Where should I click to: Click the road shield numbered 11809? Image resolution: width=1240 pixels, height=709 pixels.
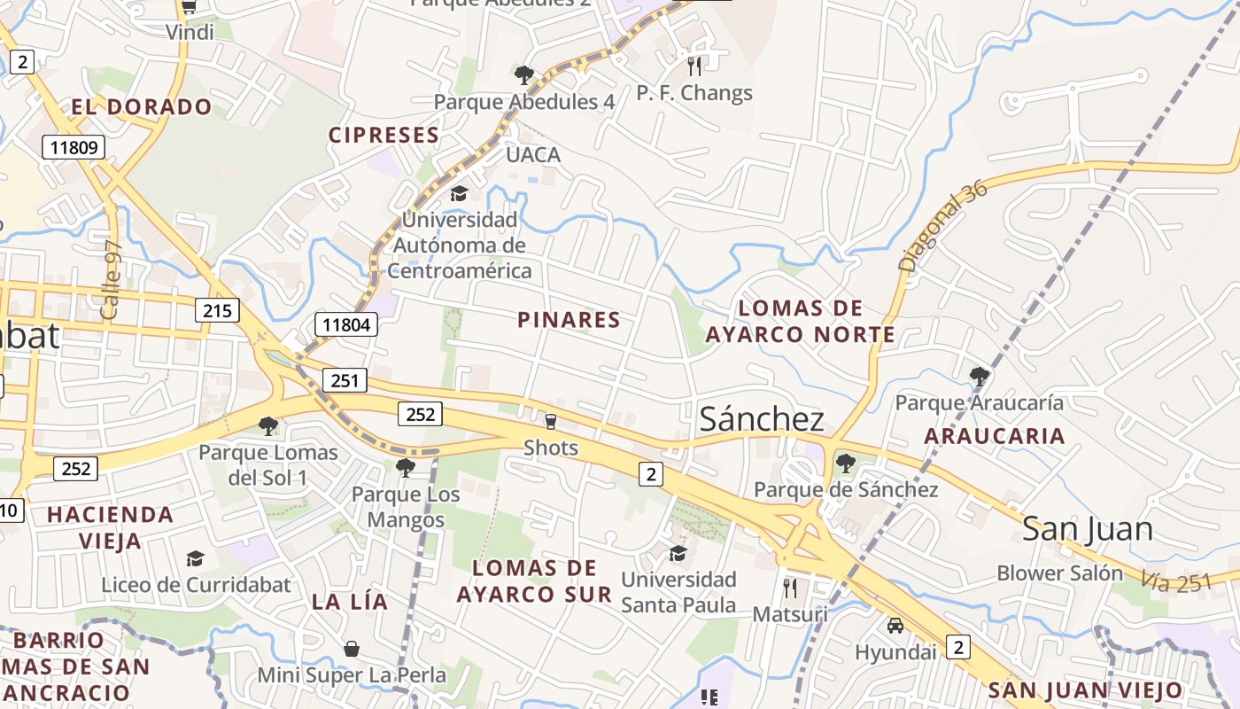74,147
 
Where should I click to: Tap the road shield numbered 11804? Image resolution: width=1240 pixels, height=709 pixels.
346,324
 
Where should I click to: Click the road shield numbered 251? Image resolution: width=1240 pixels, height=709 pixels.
345,381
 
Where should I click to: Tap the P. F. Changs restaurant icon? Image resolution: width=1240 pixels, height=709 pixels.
694,66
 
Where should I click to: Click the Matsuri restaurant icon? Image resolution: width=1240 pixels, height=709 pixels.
790,588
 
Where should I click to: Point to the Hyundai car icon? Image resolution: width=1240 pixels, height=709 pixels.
895,626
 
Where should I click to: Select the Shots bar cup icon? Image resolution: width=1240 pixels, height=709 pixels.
551,421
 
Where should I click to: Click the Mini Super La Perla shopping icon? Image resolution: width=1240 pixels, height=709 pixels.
352,649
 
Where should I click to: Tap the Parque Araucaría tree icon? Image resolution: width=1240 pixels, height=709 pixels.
979,376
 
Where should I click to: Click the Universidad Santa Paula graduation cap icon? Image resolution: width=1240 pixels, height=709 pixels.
678,554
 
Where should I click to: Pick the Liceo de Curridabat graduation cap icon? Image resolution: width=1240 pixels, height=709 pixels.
195,558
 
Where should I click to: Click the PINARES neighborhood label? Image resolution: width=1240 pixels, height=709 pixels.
569,320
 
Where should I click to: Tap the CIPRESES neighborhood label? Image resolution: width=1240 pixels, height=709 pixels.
384,136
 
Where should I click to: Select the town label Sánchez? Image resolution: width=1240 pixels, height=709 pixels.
762,419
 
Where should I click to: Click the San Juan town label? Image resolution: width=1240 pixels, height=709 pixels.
1088,529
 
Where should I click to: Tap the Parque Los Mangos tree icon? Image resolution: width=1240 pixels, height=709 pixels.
406,467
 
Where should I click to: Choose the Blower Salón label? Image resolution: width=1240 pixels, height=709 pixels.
1059,573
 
